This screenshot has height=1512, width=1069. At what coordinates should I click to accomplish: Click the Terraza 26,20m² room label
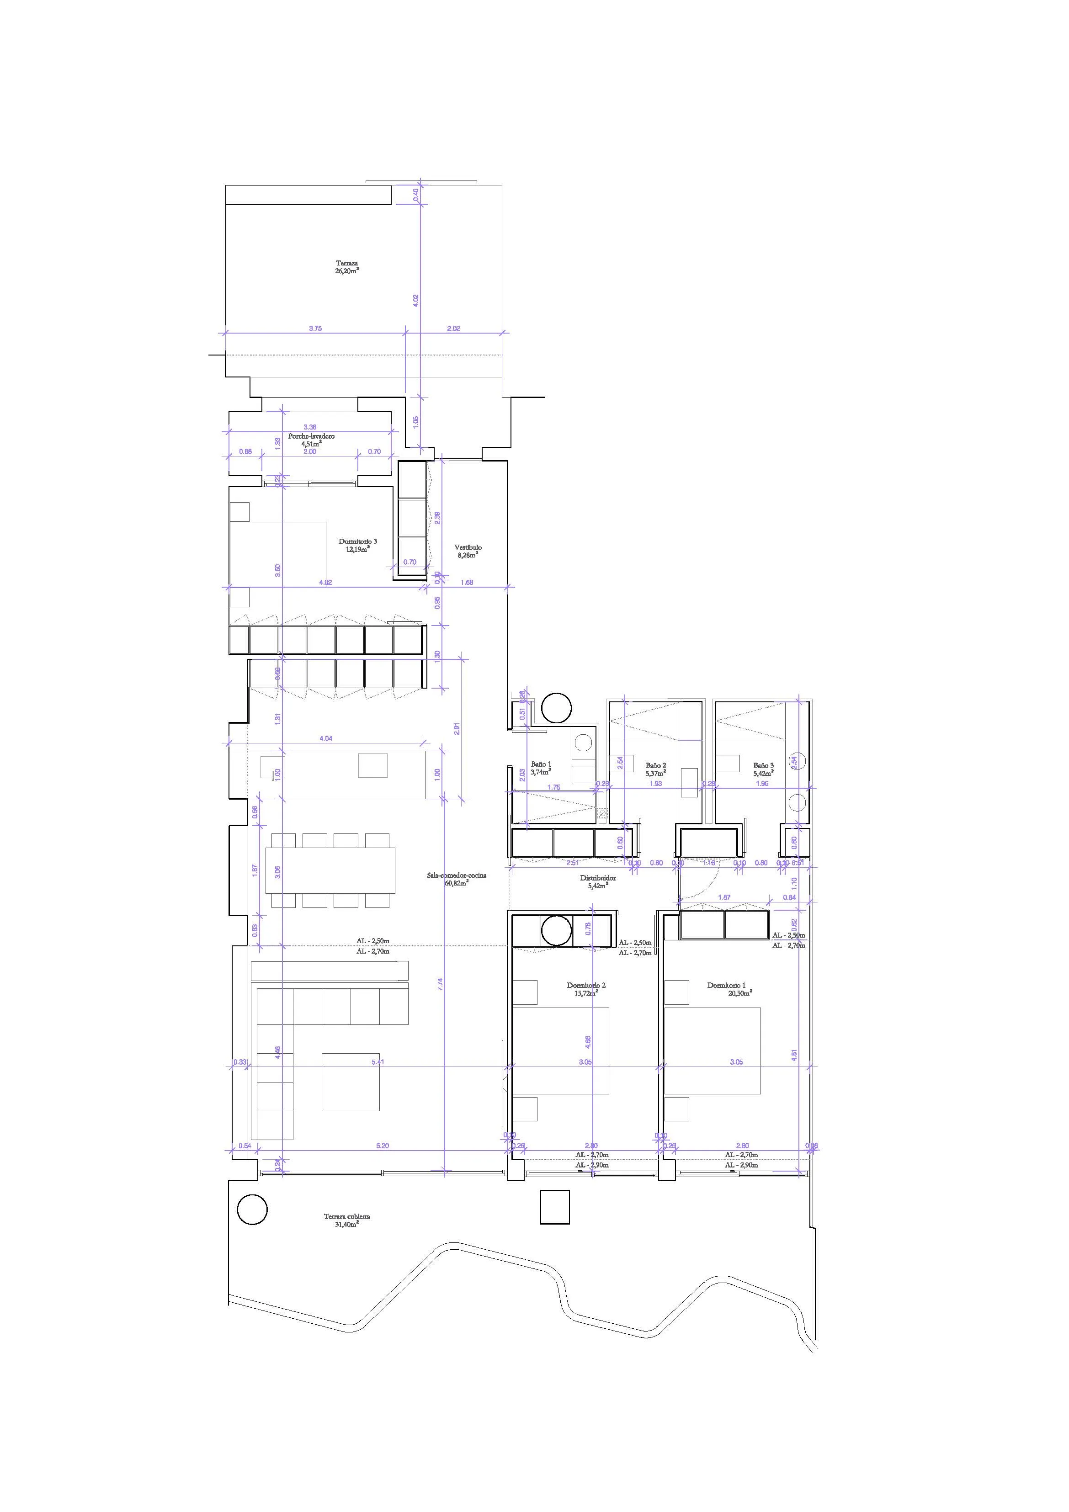(346, 267)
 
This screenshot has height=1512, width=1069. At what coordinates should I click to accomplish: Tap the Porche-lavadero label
(311, 440)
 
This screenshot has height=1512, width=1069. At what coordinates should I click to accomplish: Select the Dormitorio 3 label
(358, 545)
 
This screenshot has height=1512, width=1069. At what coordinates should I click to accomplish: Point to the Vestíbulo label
(468, 551)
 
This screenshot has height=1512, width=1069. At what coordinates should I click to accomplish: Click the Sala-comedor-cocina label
(457, 879)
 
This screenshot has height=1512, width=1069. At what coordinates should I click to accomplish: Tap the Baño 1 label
(541, 768)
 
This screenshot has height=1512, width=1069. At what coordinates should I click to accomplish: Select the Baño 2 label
(655, 769)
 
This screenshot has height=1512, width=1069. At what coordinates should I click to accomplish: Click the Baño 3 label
(763, 769)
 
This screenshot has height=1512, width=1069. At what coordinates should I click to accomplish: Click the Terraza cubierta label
(346, 1220)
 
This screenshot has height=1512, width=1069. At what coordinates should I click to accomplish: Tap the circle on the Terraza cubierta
(252, 1209)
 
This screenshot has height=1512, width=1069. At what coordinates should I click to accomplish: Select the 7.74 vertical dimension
(441, 983)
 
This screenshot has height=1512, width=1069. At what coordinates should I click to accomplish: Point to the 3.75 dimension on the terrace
(315, 328)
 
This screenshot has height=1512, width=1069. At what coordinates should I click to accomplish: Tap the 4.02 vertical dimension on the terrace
(415, 300)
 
